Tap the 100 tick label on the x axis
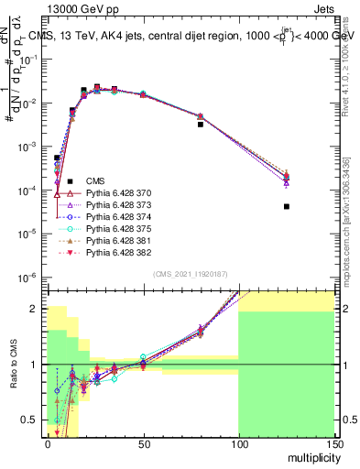[238, 442]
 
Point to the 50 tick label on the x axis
[143, 442]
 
